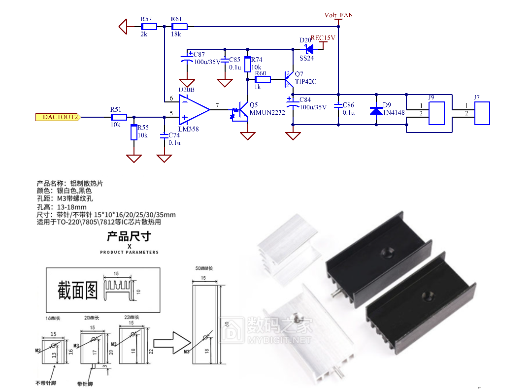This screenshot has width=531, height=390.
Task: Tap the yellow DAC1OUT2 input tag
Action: click(x=58, y=117)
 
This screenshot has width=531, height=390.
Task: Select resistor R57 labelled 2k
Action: click(x=149, y=26)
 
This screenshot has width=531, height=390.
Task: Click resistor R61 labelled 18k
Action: click(x=179, y=26)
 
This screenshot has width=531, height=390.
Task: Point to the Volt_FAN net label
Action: click(x=338, y=15)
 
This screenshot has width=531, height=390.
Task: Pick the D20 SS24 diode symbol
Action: click(x=309, y=49)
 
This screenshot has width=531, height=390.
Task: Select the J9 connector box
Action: click(x=437, y=113)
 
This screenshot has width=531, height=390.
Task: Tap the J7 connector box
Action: click(x=482, y=113)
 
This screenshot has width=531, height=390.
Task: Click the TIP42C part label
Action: click(x=305, y=81)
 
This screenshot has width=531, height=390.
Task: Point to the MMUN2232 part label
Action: click(x=267, y=112)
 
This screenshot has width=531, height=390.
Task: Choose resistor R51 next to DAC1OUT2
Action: click(x=119, y=117)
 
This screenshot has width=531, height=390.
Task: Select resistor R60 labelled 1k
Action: click(x=263, y=79)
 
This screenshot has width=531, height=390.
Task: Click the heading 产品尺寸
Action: click(x=129, y=236)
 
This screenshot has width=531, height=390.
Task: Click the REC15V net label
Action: click(x=323, y=38)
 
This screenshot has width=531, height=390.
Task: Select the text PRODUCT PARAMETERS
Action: click(x=129, y=252)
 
